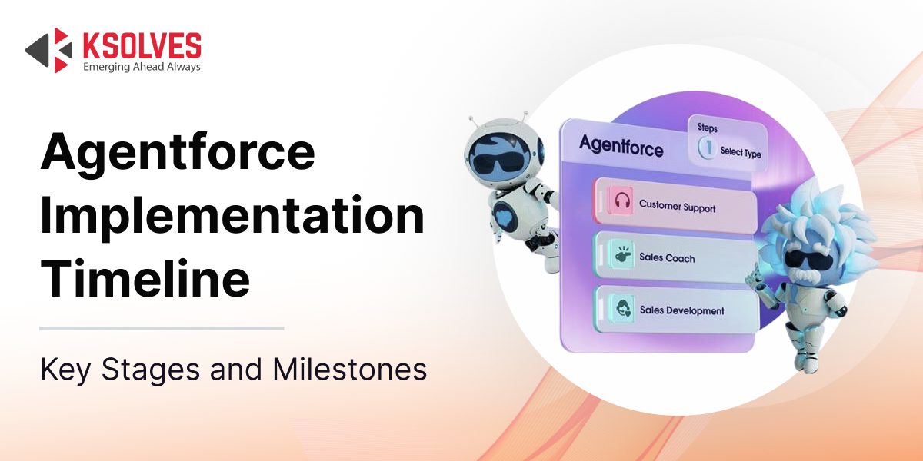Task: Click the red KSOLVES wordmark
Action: [x=142, y=45]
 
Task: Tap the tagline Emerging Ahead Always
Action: [x=142, y=67]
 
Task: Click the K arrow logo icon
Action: [x=48, y=50]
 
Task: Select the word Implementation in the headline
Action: [x=232, y=215]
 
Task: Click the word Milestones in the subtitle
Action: [x=349, y=370]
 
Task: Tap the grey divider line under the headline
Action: [x=162, y=329]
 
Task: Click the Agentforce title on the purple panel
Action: [x=621, y=146]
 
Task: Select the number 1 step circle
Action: [x=708, y=148]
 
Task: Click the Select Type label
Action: [x=741, y=152]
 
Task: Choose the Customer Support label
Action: [x=677, y=206]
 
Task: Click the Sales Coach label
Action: [x=667, y=257]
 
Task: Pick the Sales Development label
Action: [x=682, y=310]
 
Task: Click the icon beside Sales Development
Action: [x=622, y=307]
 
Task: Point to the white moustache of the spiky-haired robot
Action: [x=806, y=274]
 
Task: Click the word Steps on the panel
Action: [x=708, y=128]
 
